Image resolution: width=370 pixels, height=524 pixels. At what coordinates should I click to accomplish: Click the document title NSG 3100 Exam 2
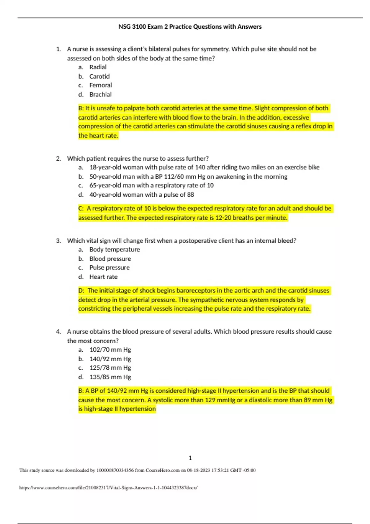190,27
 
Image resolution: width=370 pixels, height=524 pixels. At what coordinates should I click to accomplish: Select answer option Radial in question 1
98,67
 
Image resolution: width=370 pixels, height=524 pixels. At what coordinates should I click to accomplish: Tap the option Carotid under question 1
99,76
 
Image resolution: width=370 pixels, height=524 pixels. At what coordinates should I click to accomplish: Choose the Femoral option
101,85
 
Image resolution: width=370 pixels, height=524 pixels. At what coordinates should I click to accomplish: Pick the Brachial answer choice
100,95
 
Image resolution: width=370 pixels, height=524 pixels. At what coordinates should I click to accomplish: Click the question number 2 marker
58,159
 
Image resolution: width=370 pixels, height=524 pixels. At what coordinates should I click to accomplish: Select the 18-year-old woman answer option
204,167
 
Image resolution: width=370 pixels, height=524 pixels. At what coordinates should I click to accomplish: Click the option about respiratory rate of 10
151,186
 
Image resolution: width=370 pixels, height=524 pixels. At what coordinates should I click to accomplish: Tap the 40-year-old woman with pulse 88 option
142,195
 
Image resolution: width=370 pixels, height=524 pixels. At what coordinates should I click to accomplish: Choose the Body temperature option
114,250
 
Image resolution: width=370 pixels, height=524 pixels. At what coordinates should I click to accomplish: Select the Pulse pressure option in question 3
109,268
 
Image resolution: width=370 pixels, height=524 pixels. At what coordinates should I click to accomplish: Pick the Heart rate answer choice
103,277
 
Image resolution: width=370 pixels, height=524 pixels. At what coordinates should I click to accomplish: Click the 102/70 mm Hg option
110,350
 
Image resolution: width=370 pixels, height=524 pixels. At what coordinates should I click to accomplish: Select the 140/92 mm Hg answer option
110,359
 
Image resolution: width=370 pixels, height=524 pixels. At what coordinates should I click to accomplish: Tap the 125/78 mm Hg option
110,368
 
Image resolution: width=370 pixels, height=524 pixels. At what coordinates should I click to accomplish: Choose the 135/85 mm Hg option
110,377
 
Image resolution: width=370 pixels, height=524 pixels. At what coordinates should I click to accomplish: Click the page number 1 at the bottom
190,458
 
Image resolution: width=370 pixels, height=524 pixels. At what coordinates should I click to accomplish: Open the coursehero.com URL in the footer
108,488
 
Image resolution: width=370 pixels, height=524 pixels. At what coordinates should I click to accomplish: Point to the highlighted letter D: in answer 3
81,291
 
